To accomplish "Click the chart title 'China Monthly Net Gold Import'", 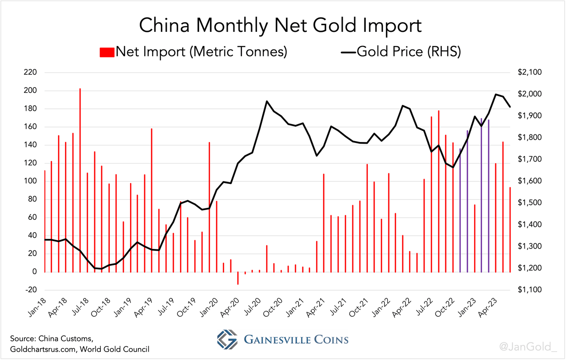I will (x=280, y=26).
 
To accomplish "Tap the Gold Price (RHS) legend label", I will (x=409, y=52).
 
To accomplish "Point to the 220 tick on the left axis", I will (x=30, y=73).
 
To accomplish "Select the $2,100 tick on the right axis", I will (x=523, y=73).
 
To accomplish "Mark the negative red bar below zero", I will (x=238, y=278).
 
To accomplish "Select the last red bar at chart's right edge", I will (x=510, y=230).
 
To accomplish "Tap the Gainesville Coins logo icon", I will (x=227, y=340).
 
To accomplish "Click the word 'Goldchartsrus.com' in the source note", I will (x=42, y=349).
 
